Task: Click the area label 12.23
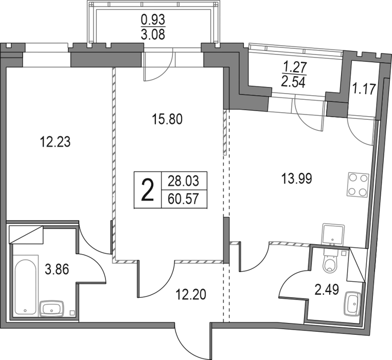(55, 142)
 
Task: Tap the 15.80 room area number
(167, 119)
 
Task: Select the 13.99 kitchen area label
(296, 179)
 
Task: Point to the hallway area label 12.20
(191, 294)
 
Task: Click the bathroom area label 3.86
(57, 270)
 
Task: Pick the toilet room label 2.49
(327, 290)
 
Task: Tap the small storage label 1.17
(364, 89)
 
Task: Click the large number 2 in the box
(147, 190)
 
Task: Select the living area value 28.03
(183, 181)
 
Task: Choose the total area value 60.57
(183, 199)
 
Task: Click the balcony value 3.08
(153, 34)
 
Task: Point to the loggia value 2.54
(293, 82)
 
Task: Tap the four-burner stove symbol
(358, 185)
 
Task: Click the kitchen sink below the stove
(333, 234)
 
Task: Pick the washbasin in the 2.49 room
(352, 303)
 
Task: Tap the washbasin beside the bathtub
(52, 309)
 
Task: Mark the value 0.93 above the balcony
(153, 20)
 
